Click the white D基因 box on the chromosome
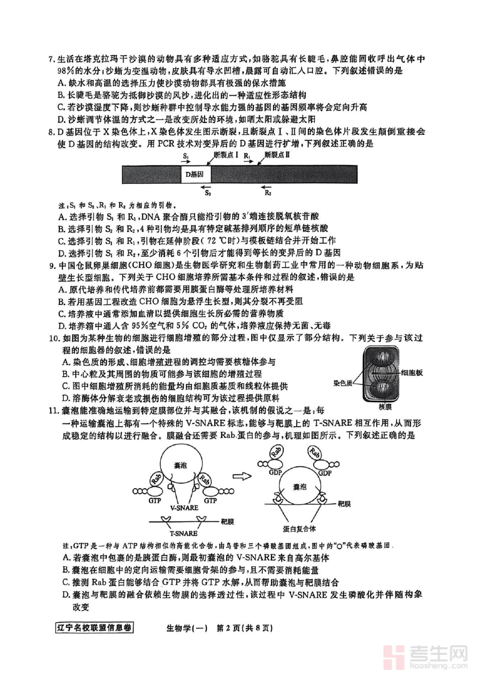[195, 174]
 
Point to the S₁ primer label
[185, 155]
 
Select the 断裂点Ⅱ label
[276, 154]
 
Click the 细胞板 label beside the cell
[412, 373]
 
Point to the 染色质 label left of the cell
[344, 383]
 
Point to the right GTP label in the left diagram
[210, 501]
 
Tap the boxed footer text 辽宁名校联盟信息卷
[94, 628]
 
